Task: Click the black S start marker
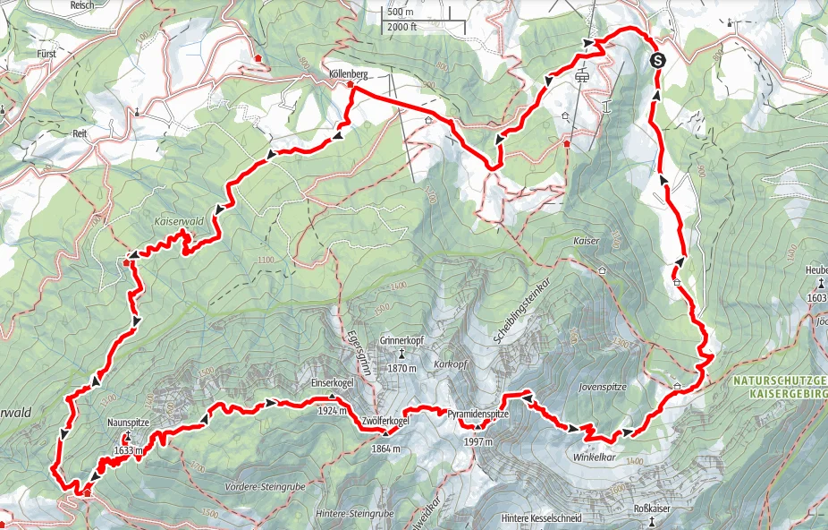[x=658, y=61]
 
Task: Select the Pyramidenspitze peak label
[x=478, y=415]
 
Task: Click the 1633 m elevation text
[x=129, y=451]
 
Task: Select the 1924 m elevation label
[x=332, y=411]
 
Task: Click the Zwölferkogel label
[x=385, y=421]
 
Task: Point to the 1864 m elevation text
[x=385, y=449]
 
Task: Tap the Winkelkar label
[x=592, y=457]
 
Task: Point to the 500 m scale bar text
[x=401, y=13]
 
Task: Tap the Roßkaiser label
[x=652, y=509]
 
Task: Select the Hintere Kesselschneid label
[x=542, y=518]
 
